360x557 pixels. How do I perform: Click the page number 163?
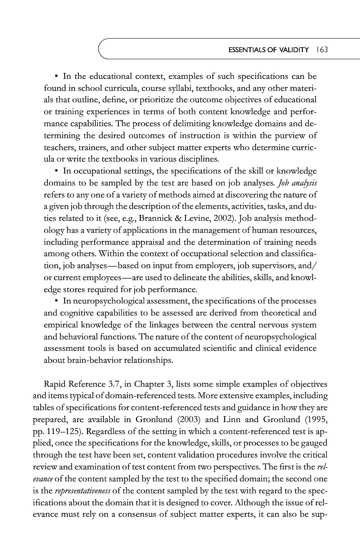click(324, 51)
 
